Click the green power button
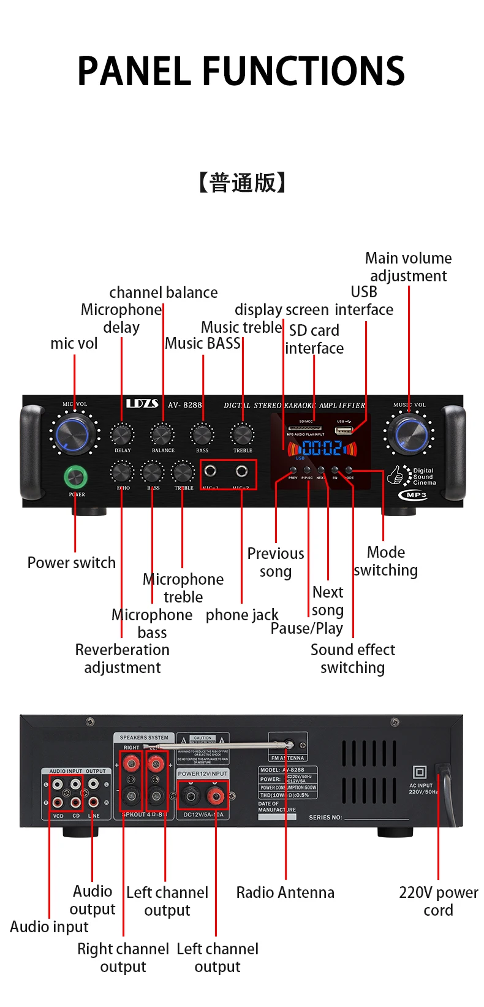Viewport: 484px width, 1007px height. coord(75,476)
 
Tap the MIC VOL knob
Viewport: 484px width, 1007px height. coord(74,434)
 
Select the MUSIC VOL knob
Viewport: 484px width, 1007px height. coord(409,434)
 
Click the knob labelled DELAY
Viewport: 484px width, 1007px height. coord(121,435)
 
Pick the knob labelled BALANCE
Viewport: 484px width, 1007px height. coord(162,435)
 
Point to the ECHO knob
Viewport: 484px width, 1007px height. coord(122,473)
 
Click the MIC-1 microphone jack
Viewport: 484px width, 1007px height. coord(210,471)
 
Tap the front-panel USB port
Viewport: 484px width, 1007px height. coord(343,430)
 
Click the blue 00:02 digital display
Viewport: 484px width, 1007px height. coord(320,448)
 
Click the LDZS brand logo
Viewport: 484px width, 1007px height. coord(142,404)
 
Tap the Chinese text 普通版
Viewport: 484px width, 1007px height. coord(242,183)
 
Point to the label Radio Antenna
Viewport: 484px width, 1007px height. coord(285,892)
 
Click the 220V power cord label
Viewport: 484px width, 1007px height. coord(438,901)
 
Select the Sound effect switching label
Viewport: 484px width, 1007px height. coord(352,658)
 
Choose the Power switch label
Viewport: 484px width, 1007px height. coord(71,563)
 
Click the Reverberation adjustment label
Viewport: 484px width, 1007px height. coord(122,658)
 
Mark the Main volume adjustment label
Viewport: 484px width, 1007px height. coord(408,267)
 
